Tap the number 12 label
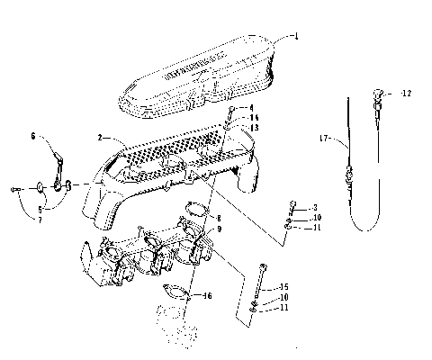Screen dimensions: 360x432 [407, 93]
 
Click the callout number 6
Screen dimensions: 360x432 [33, 137]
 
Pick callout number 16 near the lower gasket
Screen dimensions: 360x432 [208, 295]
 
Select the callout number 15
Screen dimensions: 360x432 [284, 286]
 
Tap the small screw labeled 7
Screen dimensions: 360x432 [19, 188]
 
